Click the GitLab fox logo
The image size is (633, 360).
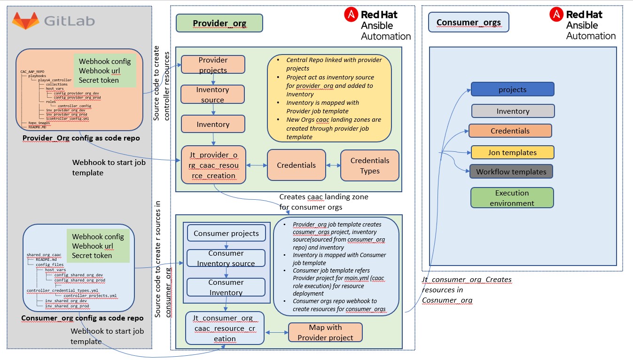[26, 21]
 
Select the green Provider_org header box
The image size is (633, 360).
[219, 23]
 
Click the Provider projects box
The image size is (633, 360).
[213, 65]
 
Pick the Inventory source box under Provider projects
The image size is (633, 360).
[213, 94]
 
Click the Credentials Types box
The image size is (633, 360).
[370, 165]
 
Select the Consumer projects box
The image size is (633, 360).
[226, 233]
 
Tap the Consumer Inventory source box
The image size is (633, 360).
[226, 258]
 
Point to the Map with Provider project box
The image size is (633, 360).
[325, 332]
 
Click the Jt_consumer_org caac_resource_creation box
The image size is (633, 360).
[225, 328]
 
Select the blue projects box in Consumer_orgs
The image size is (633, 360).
[513, 89]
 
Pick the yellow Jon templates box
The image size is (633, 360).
[513, 152]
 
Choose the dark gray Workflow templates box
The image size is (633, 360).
[511, 172]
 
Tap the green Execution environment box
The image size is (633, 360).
[512, 198]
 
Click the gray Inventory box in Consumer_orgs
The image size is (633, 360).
[513, 111]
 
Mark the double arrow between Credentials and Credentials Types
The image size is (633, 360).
[333, 165]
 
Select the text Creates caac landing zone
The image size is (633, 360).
[323, 197]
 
